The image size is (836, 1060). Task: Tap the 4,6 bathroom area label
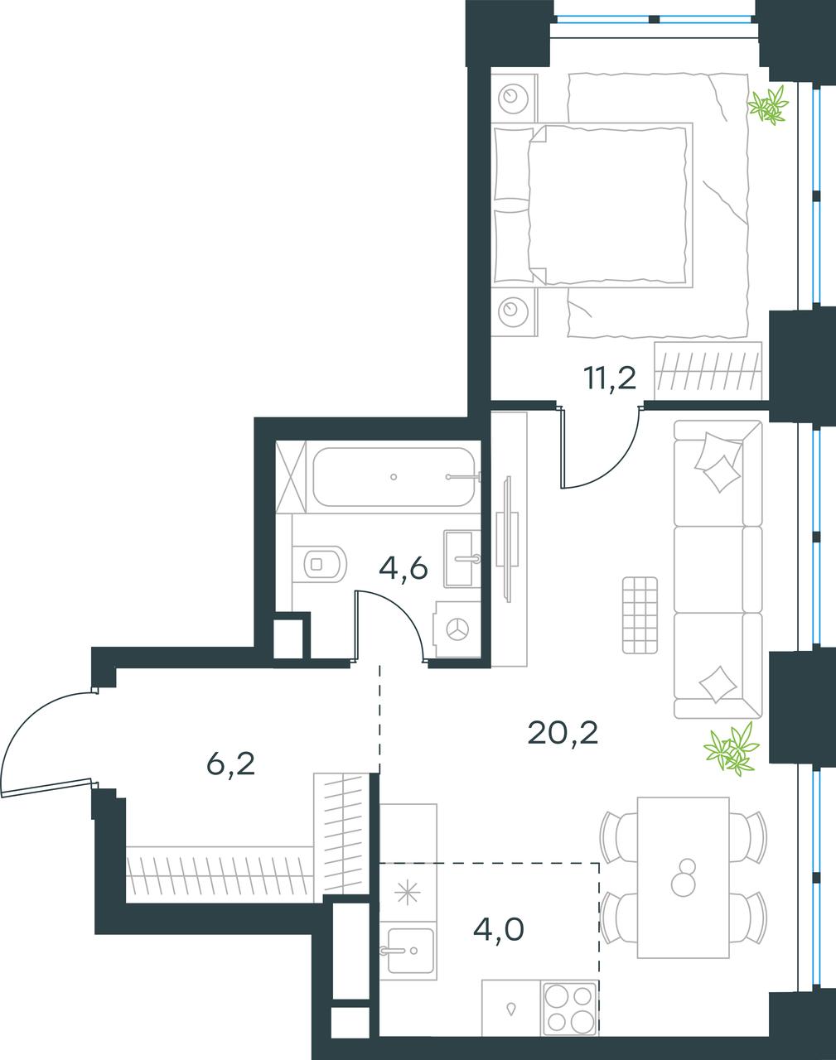(404, 570)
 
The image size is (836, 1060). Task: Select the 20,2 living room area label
(563, 734)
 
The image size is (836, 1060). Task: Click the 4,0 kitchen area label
(498, 929)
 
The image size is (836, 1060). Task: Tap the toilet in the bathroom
(320, 562)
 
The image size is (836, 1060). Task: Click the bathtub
(394, 476)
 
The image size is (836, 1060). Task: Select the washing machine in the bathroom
(457, 629)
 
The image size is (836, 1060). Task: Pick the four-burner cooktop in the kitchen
(570, 1005)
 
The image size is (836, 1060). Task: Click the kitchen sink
(411, 950)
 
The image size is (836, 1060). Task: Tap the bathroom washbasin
(462, 558)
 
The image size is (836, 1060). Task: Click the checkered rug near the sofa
(640, 615)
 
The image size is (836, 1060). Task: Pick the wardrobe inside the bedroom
(708, 370)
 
